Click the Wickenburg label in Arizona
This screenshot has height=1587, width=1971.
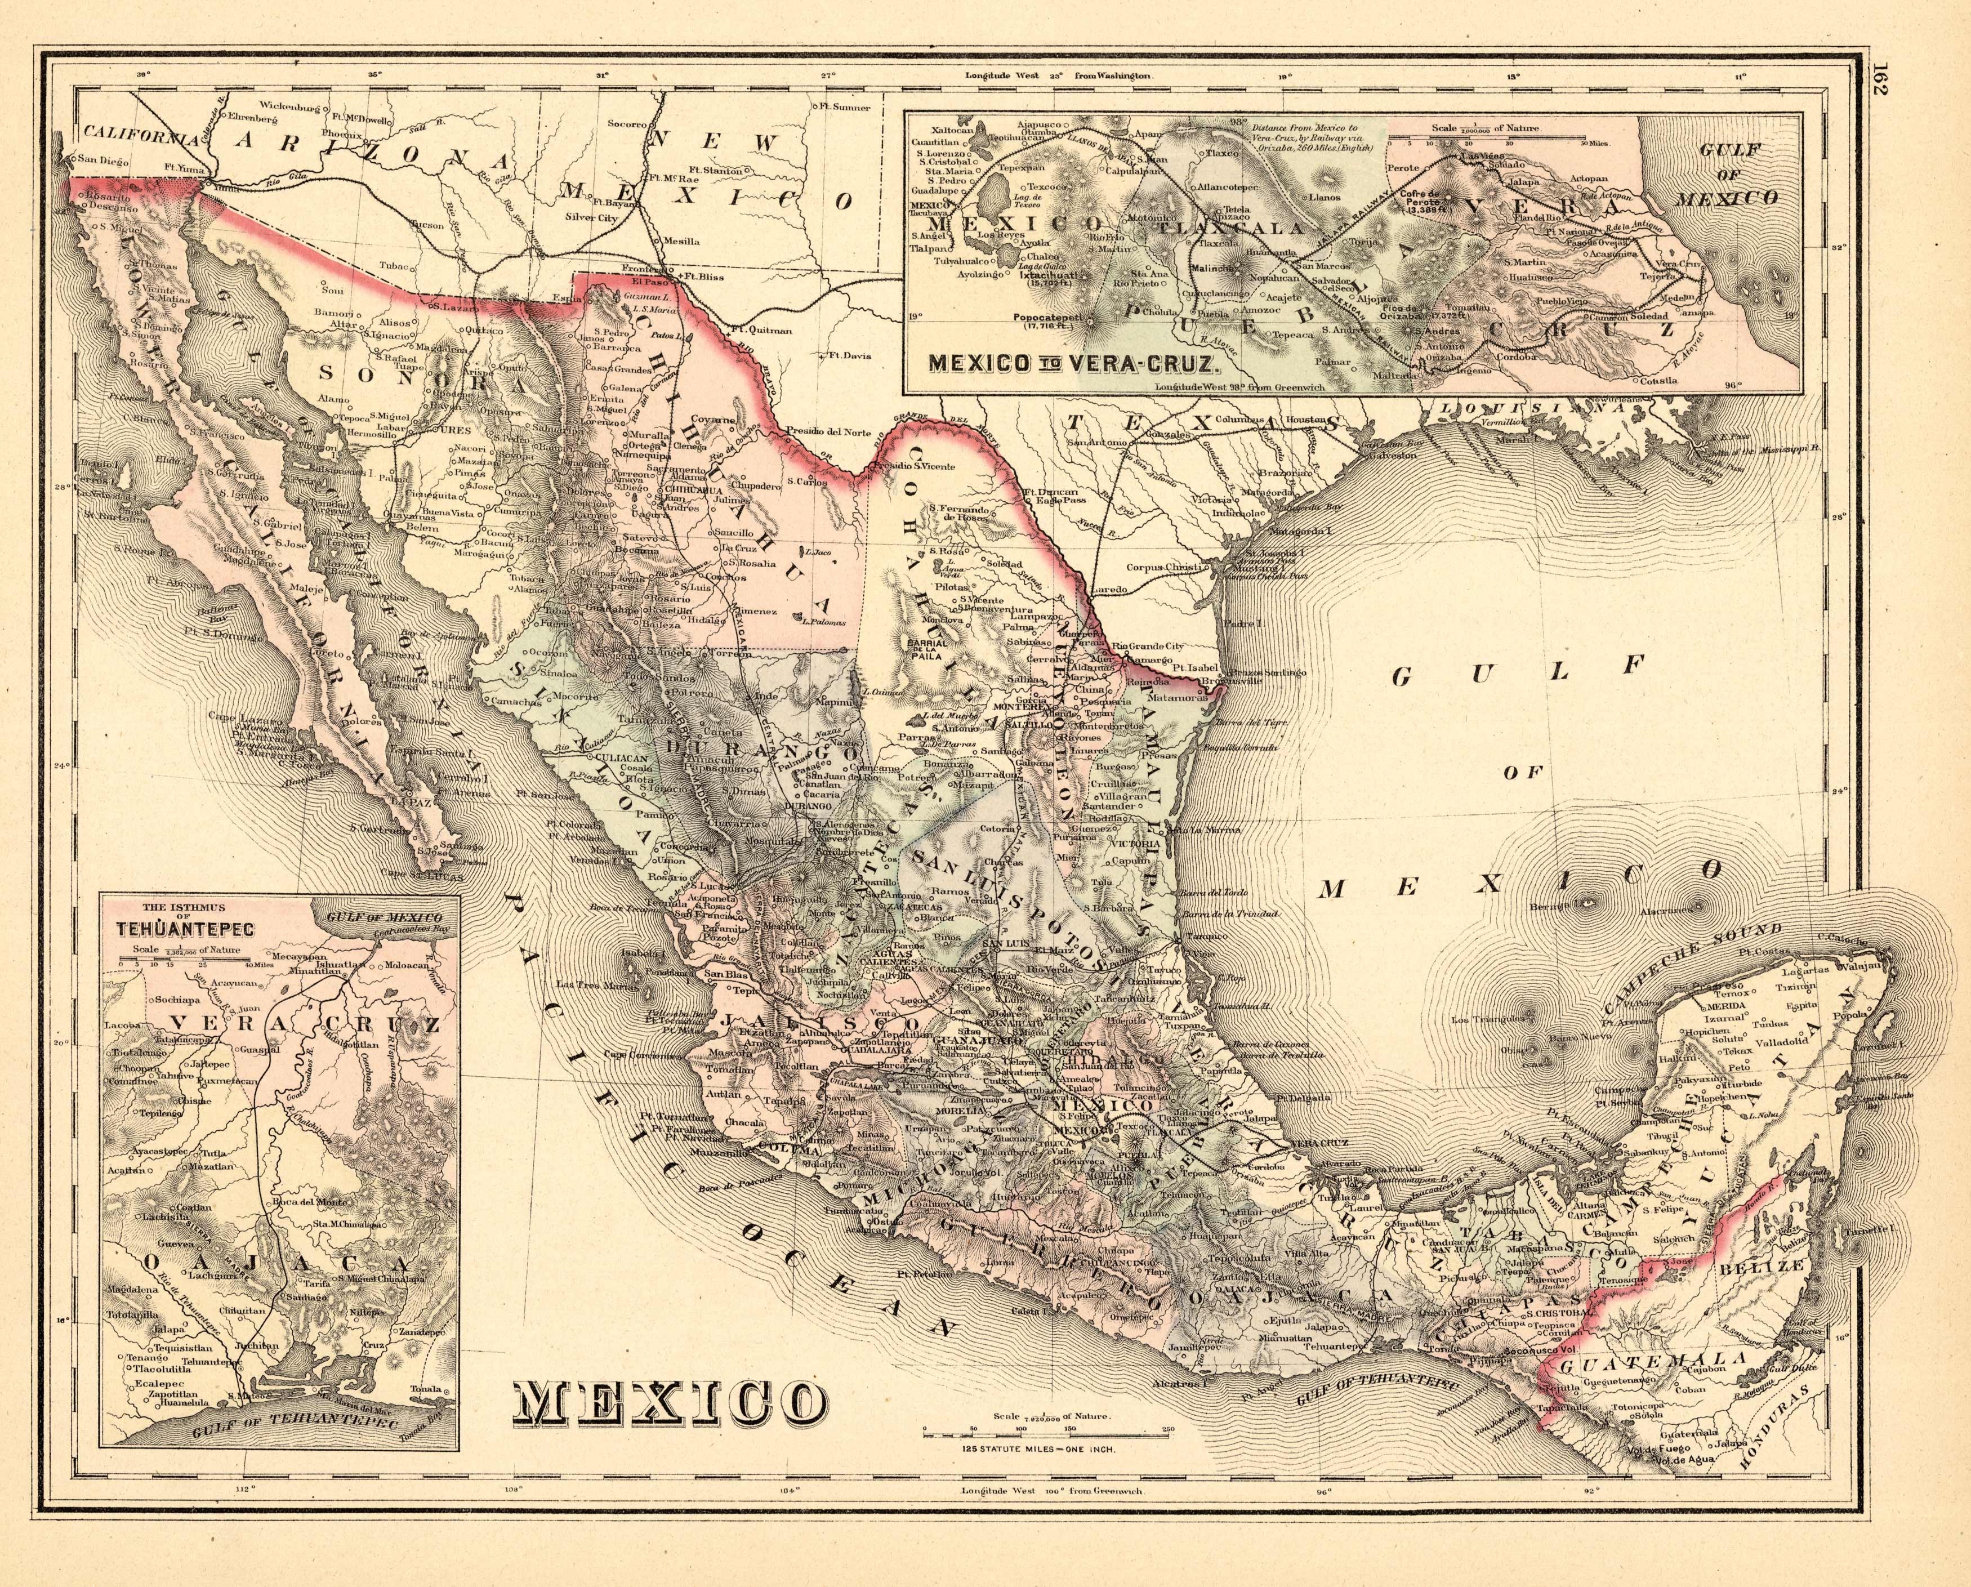coord(292,106)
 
